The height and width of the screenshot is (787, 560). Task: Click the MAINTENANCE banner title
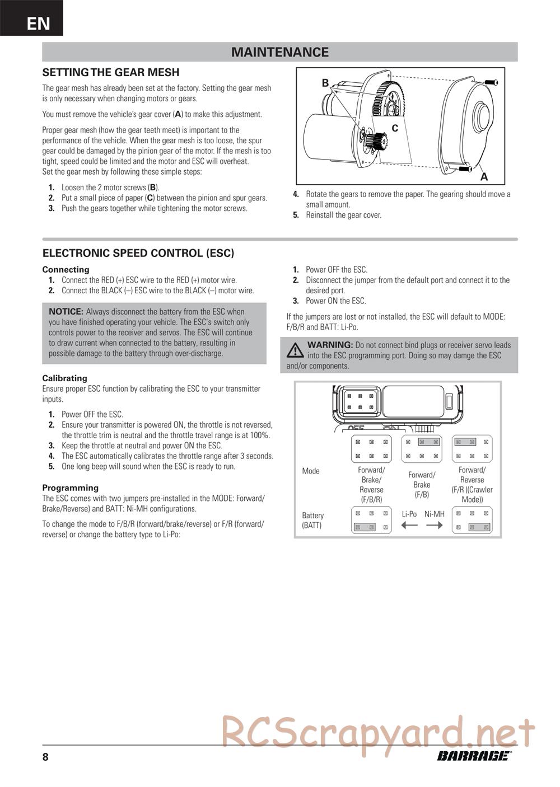[x=279, y=52]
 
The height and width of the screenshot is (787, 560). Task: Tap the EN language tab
[x=38, y=24]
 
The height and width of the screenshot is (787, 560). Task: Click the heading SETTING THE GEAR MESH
[x=111, y=72]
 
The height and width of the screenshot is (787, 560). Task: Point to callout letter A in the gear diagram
[x=484, y=177]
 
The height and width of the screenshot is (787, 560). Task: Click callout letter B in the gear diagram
[x=325, y=83]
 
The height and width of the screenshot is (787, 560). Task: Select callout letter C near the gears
[x=395, y=128]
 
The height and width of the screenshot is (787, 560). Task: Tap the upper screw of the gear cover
[x=491, y=83]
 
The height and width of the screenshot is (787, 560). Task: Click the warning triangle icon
[x=295, y=350]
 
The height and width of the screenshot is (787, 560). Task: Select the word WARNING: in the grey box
[x=330, y=345]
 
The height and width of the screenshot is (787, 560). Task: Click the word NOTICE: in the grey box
[x=66, y=311]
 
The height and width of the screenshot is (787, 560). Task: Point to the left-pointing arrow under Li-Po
[x=409, y=525]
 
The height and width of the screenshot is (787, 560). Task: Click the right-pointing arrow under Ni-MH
[x=435, y=525]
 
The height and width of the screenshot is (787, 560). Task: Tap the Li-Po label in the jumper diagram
[x=409, y=514]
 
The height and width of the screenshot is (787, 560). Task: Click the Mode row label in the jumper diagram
[x=311, y=471]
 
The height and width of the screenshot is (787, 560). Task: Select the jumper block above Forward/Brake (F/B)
[x=422, y=449]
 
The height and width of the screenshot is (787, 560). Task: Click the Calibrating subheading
[x=64, y=378]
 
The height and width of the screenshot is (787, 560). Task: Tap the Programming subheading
[x=70, y=488]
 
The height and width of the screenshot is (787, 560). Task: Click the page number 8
[x=45, y=757]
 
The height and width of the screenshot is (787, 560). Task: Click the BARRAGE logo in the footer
[x=474, y=756]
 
